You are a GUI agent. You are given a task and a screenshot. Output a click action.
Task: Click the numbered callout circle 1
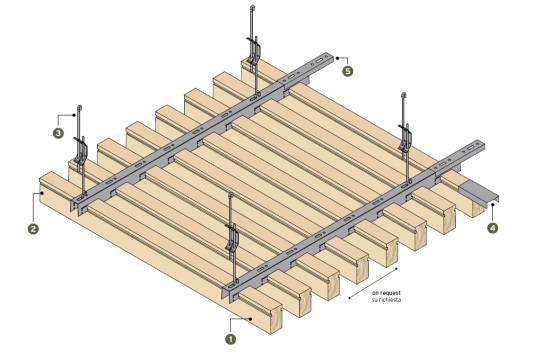[x=231, y=339]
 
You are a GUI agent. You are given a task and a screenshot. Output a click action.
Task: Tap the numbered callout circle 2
[x=33, y=229]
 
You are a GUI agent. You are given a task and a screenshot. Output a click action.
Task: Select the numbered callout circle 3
[x=58, y=133]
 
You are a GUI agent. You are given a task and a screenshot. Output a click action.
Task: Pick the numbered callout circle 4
[x=492, y=228]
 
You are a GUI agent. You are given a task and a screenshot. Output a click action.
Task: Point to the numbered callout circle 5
[x=348, y=71]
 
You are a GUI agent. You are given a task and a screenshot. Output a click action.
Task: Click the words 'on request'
[x=386, y=293]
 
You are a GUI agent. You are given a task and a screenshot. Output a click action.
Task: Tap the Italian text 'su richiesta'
[x=386, y=300]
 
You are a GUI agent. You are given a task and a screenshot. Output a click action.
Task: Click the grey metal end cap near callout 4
[x=479, y=196]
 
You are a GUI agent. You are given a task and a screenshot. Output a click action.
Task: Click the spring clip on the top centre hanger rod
[x=254, y=49]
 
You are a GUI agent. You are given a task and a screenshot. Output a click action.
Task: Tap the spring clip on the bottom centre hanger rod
[x=232, y=238]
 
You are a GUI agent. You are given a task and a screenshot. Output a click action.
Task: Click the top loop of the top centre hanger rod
[x=253, y=7]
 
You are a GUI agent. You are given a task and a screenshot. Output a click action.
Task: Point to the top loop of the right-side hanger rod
[x=404, y=95]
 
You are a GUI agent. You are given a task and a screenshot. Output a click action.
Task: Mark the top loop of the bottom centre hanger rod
[x=231, y=195]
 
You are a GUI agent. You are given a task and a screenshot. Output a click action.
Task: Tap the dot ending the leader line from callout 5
[x=338, y=58]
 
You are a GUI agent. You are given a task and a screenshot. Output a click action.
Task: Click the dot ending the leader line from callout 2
[x=42, y=193]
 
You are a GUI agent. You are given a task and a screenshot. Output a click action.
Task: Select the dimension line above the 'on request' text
[x=373, y=283]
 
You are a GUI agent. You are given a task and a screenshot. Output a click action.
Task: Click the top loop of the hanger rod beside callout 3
[x=80, y=107]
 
